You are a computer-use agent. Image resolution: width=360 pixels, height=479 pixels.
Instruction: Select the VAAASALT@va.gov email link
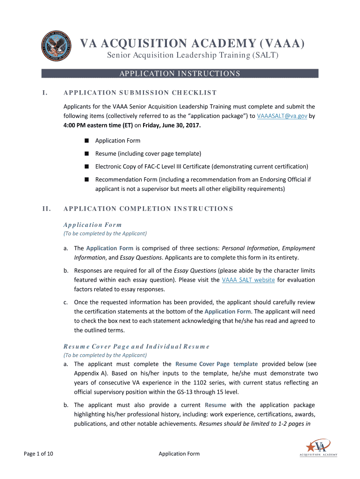coord(282,116)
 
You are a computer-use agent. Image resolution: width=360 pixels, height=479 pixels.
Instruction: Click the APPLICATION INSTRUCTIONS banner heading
coord(180,73)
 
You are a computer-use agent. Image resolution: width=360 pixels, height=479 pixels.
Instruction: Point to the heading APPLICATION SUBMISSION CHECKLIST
coord(140,93)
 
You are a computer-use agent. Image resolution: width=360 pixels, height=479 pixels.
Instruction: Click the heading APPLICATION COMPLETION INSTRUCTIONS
coord(148,209)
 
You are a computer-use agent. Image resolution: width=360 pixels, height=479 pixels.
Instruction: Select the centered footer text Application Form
coord(179,453)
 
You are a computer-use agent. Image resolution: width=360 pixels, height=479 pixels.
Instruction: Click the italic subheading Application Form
coord(92,225)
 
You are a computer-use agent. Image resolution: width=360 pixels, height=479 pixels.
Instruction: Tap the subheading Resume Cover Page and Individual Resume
coord(137,347)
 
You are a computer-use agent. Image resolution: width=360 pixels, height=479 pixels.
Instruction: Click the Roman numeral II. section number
coord(46,209)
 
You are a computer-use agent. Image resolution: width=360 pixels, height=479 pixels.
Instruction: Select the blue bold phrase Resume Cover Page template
coord(216,364)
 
